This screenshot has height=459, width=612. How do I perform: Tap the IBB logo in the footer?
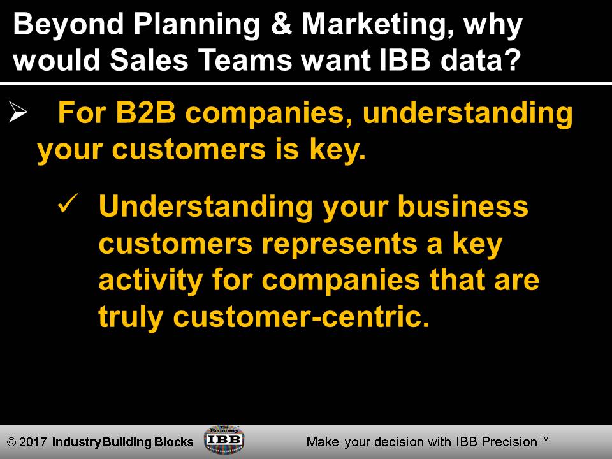click(224, 440)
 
